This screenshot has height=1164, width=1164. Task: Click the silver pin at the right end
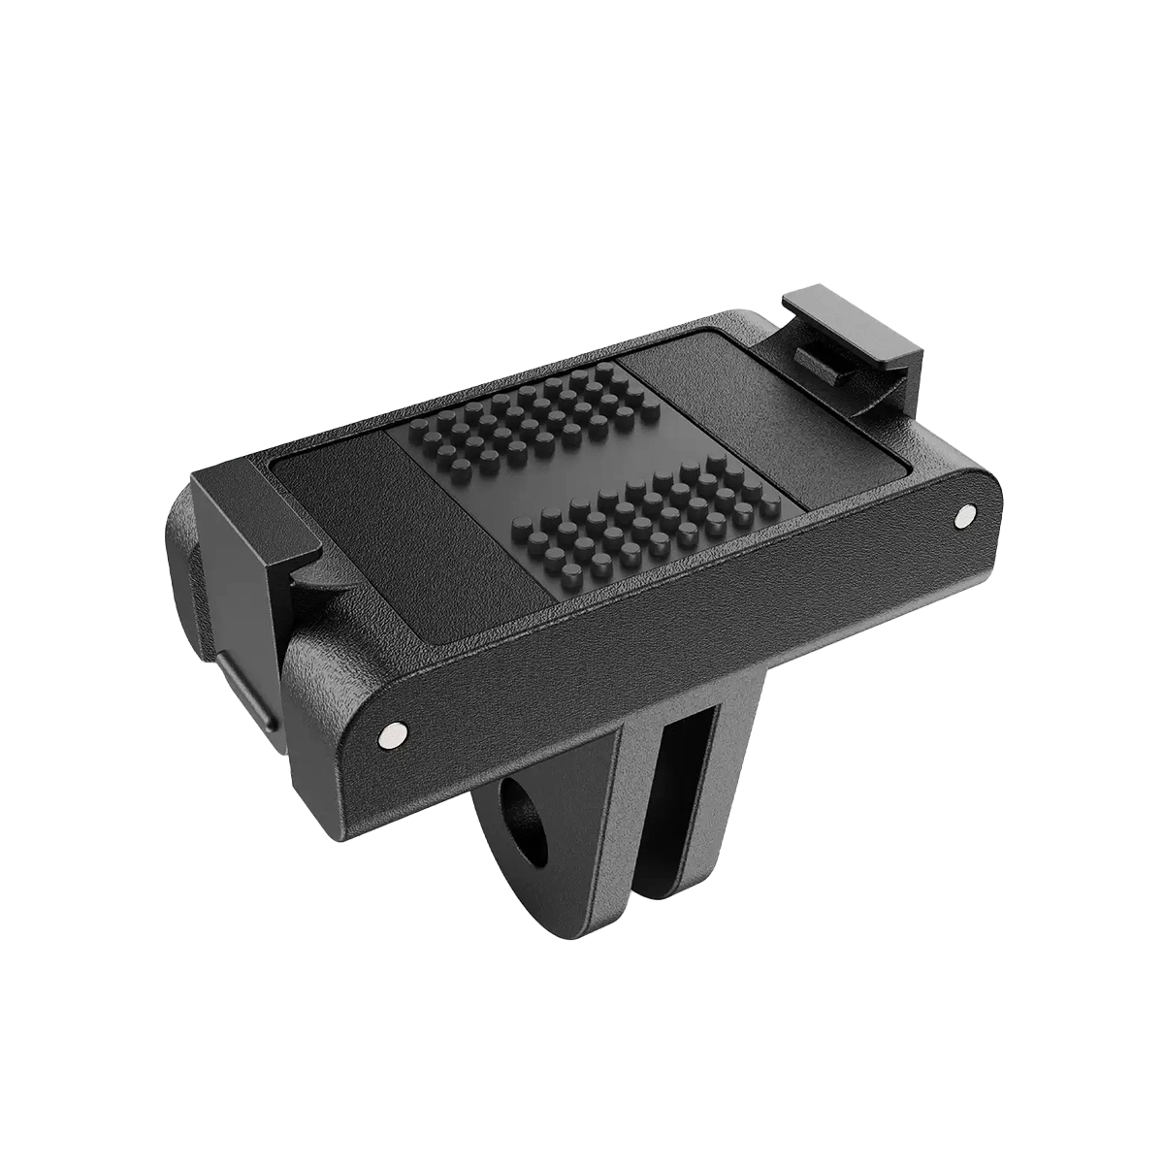[964, 515]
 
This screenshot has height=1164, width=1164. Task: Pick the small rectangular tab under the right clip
[823, 360]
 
